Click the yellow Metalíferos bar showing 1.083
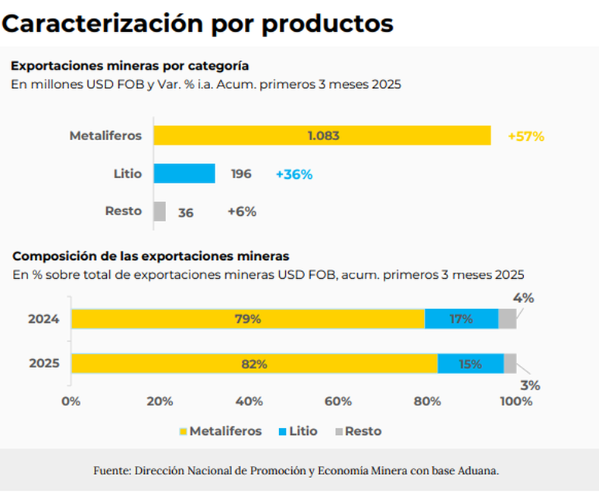click(x=322, y=136)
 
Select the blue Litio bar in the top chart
click(x=184, y=174)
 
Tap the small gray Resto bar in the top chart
click(x=159, y=211)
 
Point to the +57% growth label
click(x=526, y=136)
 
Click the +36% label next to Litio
click(x=294, y=174)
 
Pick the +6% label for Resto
click(x=242, y=212)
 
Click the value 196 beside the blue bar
click(x=241, y=174)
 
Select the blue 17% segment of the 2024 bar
click(x=461, y=319)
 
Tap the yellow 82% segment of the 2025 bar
click(x=254, y=364)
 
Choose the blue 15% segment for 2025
click(x=470, y=364)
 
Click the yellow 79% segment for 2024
click(x=247, y=319)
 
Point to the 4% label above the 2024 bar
click(x=523, y=298)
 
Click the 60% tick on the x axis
click(x=338, y=401)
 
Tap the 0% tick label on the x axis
click(x=71, y=401)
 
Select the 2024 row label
click(x=44, y=319)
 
